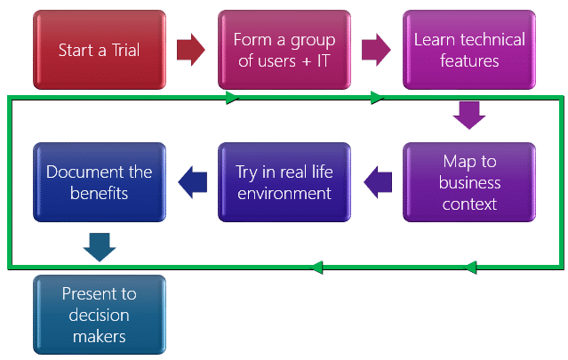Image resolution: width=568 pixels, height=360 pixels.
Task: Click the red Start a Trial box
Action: coord(99,50)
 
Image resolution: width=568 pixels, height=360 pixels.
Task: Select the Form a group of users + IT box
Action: coord(284,50)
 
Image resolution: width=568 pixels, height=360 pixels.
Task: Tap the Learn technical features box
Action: coord(469,50)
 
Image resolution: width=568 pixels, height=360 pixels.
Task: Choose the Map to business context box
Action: coord(469,182)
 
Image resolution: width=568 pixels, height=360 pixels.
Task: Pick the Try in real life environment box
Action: coord(284,182)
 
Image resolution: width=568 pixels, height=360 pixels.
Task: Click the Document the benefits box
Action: coord(99,182)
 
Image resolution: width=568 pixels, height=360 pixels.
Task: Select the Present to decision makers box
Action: coord(99,315)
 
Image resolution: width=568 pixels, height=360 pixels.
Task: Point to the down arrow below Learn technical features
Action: coord(468,115)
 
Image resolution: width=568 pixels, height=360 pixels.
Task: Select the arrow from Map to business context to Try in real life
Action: coord(378,182)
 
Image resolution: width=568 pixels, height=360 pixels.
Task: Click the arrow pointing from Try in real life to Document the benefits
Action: coord(192,182)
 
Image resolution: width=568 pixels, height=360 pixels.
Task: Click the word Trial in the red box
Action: coord(122,50)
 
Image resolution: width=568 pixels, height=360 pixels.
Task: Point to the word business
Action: coord(469,182)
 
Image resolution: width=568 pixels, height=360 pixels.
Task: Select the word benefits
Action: coord(99,193)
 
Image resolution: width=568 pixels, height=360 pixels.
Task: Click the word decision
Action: coord(99,315)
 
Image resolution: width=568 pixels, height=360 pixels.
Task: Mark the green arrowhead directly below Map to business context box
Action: coord(471,266)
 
